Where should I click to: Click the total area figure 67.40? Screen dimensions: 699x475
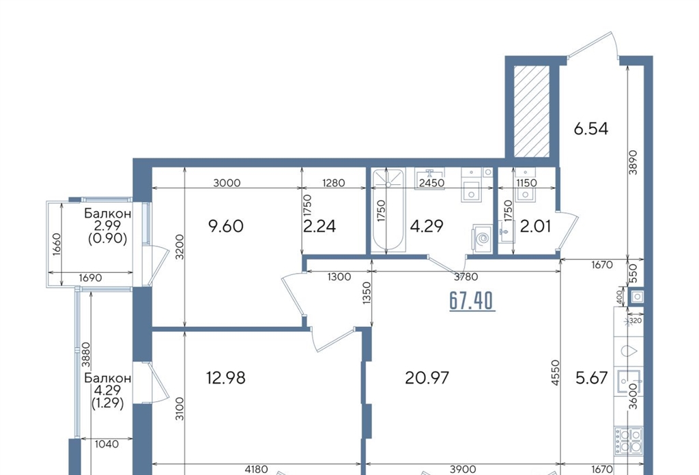(472, 301)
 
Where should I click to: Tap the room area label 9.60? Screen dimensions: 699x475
(226, 226)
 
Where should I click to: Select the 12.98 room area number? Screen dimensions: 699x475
(226, 378)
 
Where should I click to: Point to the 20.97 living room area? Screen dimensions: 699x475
(427, 378)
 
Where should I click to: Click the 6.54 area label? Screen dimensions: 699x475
(590, 129)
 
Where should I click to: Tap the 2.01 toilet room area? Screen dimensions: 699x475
(535, 226)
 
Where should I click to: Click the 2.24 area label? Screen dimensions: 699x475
(319, 226)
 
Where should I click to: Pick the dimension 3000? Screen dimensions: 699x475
(227, 183)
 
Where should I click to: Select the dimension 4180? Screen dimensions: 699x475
(257, 469)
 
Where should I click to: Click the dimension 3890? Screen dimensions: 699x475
(633, 162)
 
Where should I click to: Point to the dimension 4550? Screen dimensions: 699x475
(555, 373)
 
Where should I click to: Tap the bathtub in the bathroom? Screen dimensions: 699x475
(388, 210)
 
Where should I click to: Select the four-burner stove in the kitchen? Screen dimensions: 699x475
(629, 440)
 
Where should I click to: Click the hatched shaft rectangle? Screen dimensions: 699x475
(531, 111)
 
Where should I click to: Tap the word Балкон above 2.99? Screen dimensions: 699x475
(108, 213)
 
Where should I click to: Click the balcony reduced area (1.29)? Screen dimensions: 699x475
(108, 403)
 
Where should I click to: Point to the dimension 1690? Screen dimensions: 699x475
(91, 278)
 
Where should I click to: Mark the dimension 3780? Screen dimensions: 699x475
(466, 276)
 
